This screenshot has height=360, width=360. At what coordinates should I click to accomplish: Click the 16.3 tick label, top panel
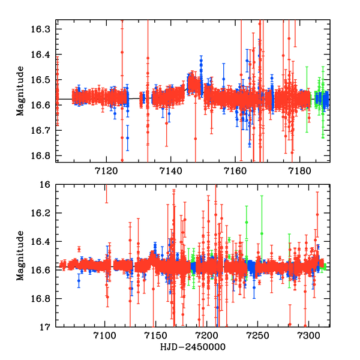(x=48, y=29)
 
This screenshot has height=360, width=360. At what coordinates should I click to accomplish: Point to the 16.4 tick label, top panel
(x=48, y=54)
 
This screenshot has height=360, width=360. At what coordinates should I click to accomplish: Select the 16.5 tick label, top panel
(x=48, y=79)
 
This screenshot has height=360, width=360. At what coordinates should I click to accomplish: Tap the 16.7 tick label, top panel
(x=48, y=130)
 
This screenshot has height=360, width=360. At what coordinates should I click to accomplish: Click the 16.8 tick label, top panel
(x=48, y=155)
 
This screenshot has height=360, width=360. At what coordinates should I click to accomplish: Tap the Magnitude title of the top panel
(x=22, y=92)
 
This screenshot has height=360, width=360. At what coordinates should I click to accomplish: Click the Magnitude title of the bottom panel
(x=22, y=256)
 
